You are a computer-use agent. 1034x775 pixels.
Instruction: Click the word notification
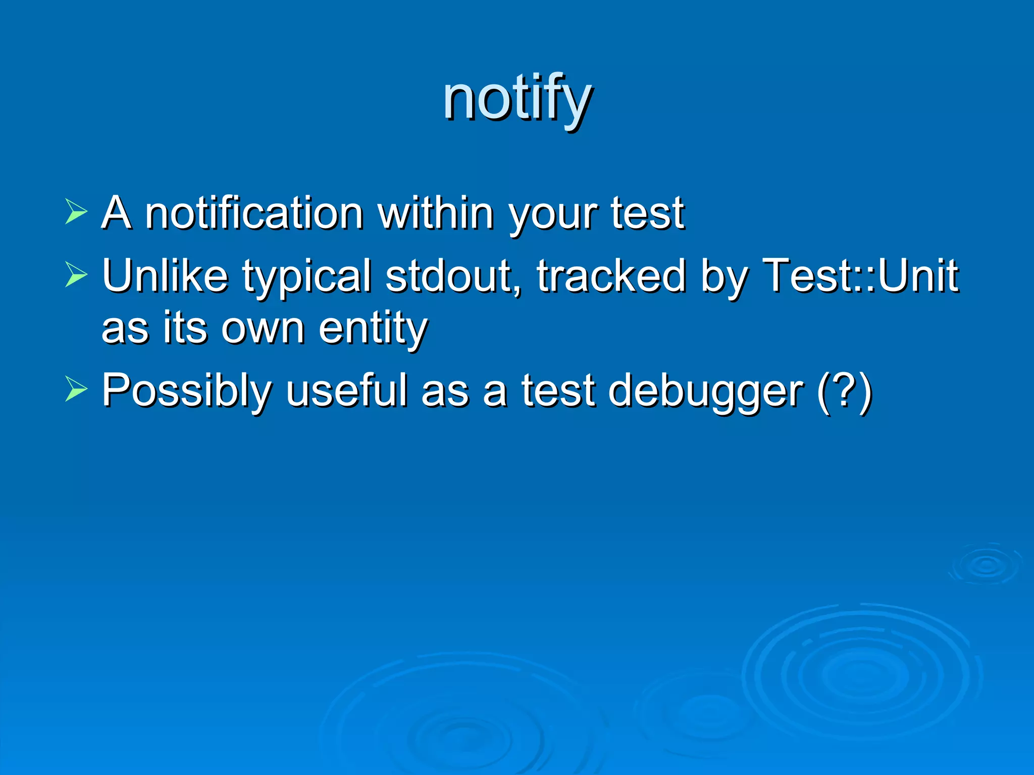(254, 213)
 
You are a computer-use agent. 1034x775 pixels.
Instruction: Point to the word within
(436, 213)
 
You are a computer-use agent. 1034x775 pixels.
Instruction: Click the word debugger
(705, 391)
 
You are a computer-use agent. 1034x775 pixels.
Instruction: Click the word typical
(306, 276)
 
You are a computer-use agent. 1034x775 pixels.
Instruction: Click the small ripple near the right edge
(985, 565)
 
